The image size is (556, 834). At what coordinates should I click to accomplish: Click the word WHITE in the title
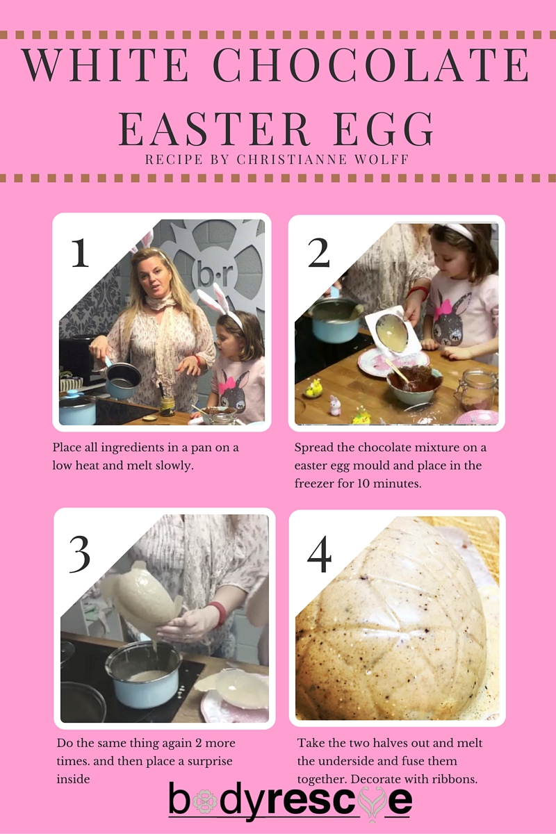click(105, 65)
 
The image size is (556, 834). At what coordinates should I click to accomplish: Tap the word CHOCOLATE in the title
click(371, 65)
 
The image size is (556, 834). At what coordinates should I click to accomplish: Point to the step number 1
click(80, 253)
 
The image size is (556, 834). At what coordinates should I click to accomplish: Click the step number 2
click(319, 253)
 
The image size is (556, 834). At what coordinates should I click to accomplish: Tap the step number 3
click(80, 554)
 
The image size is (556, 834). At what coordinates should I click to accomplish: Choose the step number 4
click(320, 554)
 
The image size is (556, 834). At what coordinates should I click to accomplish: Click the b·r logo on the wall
click(212, 274)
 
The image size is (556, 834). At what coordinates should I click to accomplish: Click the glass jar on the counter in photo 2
click(477, 390)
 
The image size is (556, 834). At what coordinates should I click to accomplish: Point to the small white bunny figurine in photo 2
click(335, 405)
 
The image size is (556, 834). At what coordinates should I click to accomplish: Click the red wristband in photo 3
click(218, 613)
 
